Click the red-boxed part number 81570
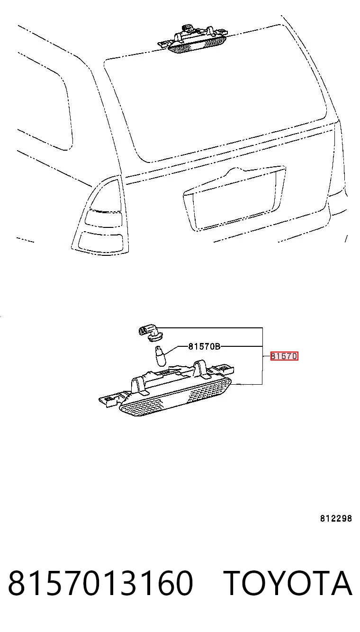tap(284, 356)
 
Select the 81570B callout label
tap(204, 346)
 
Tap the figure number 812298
tap(336, 518)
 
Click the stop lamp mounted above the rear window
tap(193, 39)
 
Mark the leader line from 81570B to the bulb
tap(177, 350)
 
